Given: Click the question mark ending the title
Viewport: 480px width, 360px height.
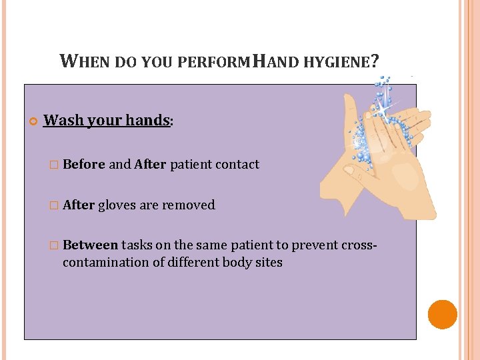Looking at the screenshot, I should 376,62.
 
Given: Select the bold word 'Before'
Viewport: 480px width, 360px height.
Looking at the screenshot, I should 84,164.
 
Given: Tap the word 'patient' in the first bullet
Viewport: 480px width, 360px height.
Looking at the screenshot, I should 190,164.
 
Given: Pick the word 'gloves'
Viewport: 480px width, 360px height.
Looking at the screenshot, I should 117,205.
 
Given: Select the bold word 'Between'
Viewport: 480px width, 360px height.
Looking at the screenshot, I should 90,245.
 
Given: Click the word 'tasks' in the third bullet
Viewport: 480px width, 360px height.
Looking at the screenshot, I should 137,245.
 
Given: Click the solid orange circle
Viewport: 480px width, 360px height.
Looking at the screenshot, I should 443,315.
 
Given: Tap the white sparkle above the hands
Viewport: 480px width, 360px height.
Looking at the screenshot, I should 383,105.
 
